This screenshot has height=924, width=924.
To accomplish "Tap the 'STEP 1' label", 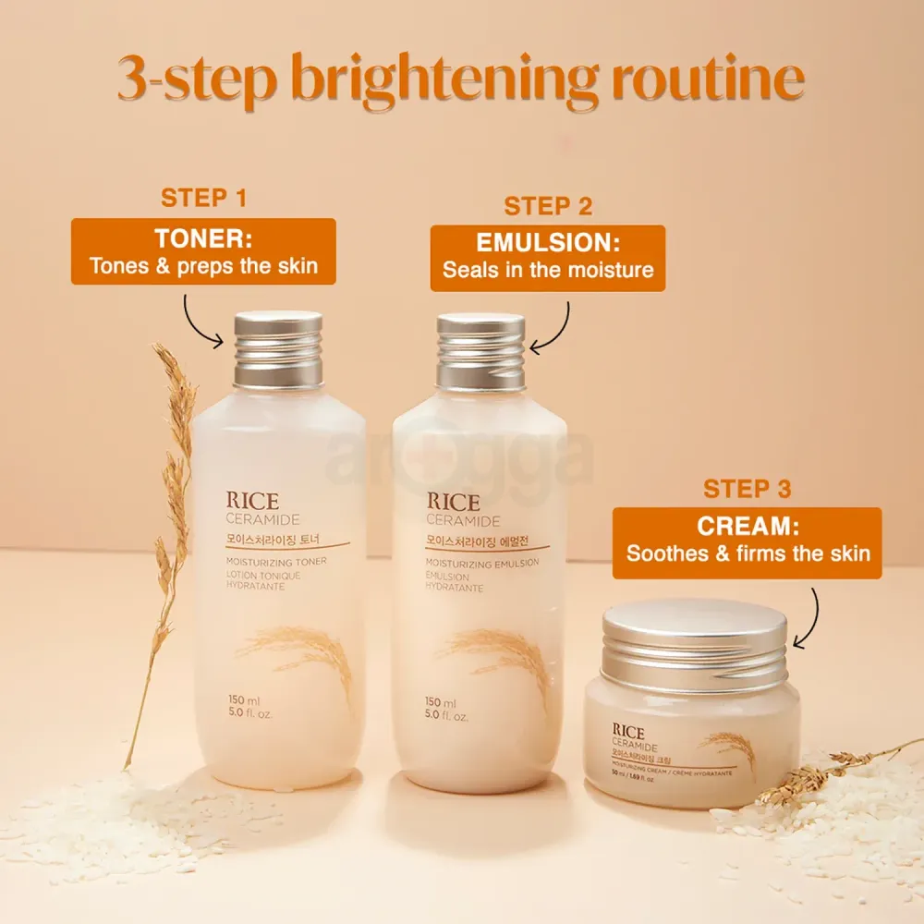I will point(204,198).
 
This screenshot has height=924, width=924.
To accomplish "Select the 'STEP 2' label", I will point(548,206).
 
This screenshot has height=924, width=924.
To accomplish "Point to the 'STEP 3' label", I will point(748,489).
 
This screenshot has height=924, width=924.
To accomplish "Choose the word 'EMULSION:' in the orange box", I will point(548,244).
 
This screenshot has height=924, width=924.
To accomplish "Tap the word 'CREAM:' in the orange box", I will point(748,527).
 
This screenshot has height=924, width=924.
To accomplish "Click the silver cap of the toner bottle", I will point(278,348).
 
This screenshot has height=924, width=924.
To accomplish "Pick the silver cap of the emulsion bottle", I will point(480,351).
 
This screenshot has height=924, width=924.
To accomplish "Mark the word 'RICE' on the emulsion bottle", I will point(453,503).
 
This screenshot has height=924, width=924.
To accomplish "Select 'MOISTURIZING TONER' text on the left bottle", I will point(275,561).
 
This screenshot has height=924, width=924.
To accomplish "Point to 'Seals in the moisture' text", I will point(548,270).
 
